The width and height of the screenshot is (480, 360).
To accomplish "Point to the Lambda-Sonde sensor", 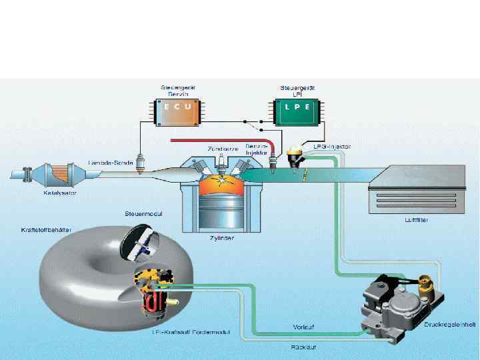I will [x=139, y=165].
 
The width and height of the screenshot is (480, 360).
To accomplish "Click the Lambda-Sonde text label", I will [x=110, y=162].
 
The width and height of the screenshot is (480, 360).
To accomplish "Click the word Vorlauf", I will [x=304, y=326].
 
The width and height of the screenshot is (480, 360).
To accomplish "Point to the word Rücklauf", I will [x=303, y=347].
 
